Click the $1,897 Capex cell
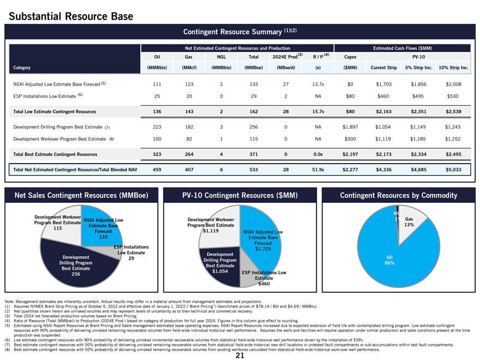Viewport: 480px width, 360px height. click(344, 127)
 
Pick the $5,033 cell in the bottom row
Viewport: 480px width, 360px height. click(453, 170)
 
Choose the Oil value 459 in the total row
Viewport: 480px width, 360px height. click(157, 170)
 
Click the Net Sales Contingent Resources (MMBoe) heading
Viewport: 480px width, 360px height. click(80, 195)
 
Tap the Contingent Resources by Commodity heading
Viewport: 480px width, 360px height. click(398, 195)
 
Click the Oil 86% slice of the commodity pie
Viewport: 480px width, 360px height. click(389, 260)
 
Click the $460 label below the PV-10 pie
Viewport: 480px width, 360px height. click(264, 284)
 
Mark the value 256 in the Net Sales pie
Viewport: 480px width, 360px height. click(72, 274)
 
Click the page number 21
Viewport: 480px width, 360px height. click(239, 356)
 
